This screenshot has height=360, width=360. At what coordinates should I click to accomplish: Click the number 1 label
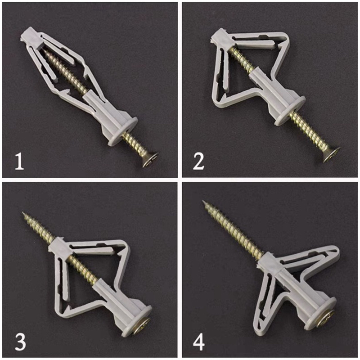19,162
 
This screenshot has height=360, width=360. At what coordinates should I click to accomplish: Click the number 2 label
198,162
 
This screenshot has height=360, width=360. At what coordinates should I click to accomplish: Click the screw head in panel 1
150,160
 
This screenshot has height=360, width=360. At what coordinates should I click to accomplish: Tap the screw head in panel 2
332,154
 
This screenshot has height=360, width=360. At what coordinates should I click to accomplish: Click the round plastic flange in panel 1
123,131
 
